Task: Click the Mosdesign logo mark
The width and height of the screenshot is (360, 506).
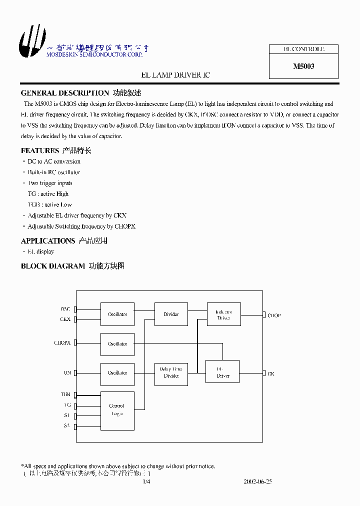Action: (28, 41)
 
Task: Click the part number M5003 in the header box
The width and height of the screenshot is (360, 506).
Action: (303, 66)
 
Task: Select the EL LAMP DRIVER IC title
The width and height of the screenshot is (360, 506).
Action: (175, 75)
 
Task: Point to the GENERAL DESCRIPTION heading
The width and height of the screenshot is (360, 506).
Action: (64, 93)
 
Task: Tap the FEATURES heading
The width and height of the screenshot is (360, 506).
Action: (40, 150)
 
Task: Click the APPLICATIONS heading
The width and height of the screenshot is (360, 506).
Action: (48, 241)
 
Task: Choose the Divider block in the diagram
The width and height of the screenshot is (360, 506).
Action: (171, 314)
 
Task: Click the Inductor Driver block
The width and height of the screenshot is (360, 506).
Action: (223, 314)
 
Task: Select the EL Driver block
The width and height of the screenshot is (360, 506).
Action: (222, 372)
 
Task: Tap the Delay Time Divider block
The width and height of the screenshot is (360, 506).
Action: (171, 372)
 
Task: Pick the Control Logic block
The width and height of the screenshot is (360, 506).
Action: (117, 410)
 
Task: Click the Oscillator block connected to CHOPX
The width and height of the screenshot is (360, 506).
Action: (117, 344)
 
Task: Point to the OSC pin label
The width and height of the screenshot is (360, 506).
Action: (65, 309)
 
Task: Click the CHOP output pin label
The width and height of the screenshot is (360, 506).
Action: (274, 315)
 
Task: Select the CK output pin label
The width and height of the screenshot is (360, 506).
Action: (271, 374)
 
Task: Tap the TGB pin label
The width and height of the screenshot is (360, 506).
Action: (65, 394)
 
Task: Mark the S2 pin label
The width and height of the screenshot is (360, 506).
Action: (66, 425)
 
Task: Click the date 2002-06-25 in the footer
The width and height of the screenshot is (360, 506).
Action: (257, 482)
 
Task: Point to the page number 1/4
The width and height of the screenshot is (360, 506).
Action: (146, 482)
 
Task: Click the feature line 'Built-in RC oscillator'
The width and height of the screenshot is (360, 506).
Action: (53, 172)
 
